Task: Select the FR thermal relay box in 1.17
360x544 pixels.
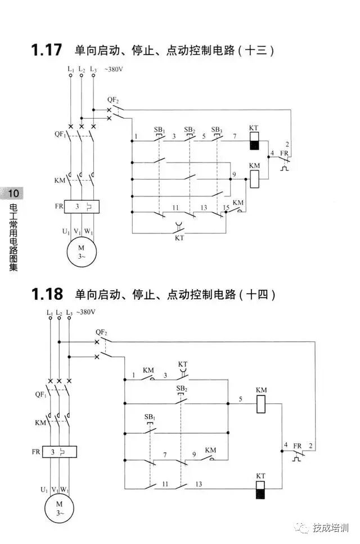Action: point(82,206)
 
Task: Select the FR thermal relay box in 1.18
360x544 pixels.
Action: point(59,451)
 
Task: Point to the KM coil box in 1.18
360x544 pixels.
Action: point(261,404)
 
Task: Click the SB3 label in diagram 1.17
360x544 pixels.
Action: point(217,129)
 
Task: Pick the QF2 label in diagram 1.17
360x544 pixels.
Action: point(112,99)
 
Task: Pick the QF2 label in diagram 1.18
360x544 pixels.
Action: point(101,332)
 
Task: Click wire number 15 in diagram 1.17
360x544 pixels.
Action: point(226,208)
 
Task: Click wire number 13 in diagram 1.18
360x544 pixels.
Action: point(199,484)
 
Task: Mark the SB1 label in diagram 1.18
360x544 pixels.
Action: point(149,417)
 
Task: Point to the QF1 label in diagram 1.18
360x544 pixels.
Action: point(40,395)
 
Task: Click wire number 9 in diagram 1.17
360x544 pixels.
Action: point(233,176)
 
